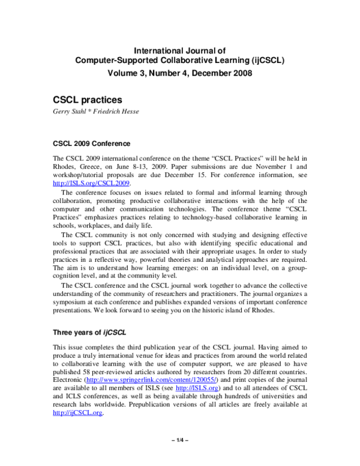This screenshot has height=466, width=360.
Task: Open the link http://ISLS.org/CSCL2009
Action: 92,184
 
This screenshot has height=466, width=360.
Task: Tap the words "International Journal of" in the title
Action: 179,50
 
